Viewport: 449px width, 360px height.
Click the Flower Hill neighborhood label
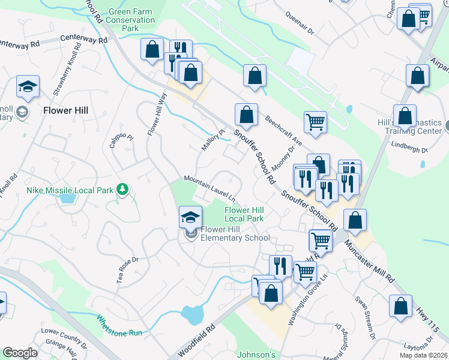point(66,110)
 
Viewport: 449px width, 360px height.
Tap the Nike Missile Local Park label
point(70,190)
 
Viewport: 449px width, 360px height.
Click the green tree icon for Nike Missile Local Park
point(122,190)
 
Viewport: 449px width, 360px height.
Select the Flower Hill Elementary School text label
point(236,233)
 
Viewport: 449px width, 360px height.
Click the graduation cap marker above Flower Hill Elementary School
point(190,217)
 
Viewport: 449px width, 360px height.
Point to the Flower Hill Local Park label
point(244,214)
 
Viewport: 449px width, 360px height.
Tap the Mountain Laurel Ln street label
point(209,188)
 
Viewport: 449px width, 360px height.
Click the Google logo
point(20,353)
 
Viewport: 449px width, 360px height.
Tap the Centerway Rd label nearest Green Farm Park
point(85,40)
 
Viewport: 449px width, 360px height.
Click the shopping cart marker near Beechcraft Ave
point(315,122)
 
